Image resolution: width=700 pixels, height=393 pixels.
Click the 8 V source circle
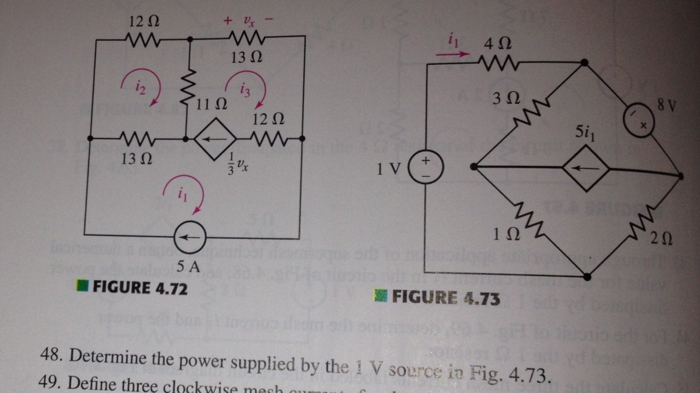(x=640, y=120)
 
